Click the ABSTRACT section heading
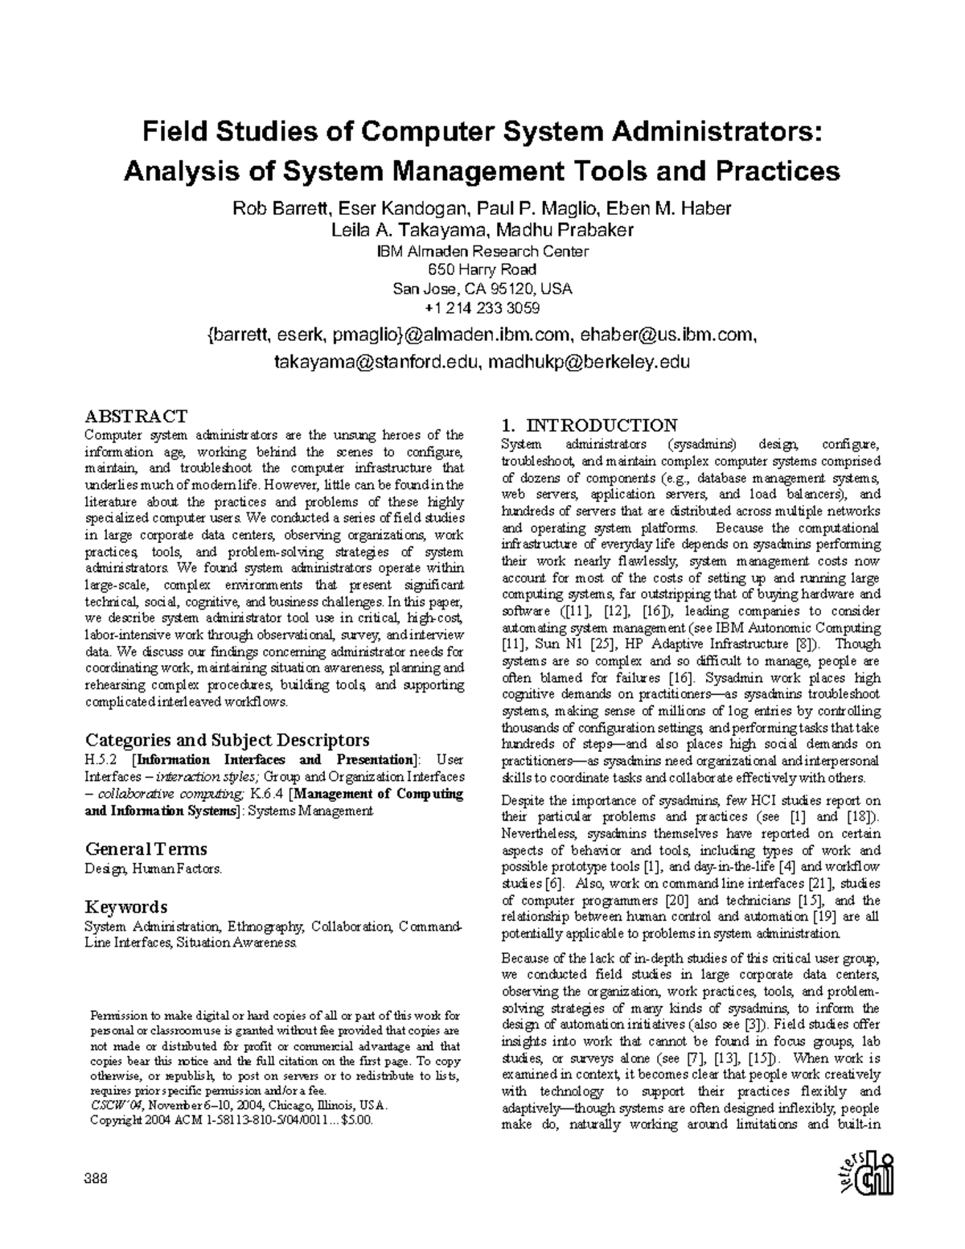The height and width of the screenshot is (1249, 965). (136, 416)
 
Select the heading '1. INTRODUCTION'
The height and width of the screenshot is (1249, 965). (589, 425)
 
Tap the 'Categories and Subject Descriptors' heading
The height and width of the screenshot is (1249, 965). (228, 740)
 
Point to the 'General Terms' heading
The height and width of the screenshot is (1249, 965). (146, 848)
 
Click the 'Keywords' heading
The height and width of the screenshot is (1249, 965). (126, 907)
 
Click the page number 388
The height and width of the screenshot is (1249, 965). (96, 1179)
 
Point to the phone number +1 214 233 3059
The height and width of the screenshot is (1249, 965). (482, 308)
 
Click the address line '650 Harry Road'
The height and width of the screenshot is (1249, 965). (482, 269)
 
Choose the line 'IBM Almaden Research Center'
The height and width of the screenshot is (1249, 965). (482, 251)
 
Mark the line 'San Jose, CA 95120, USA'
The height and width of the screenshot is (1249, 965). (482, 289)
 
